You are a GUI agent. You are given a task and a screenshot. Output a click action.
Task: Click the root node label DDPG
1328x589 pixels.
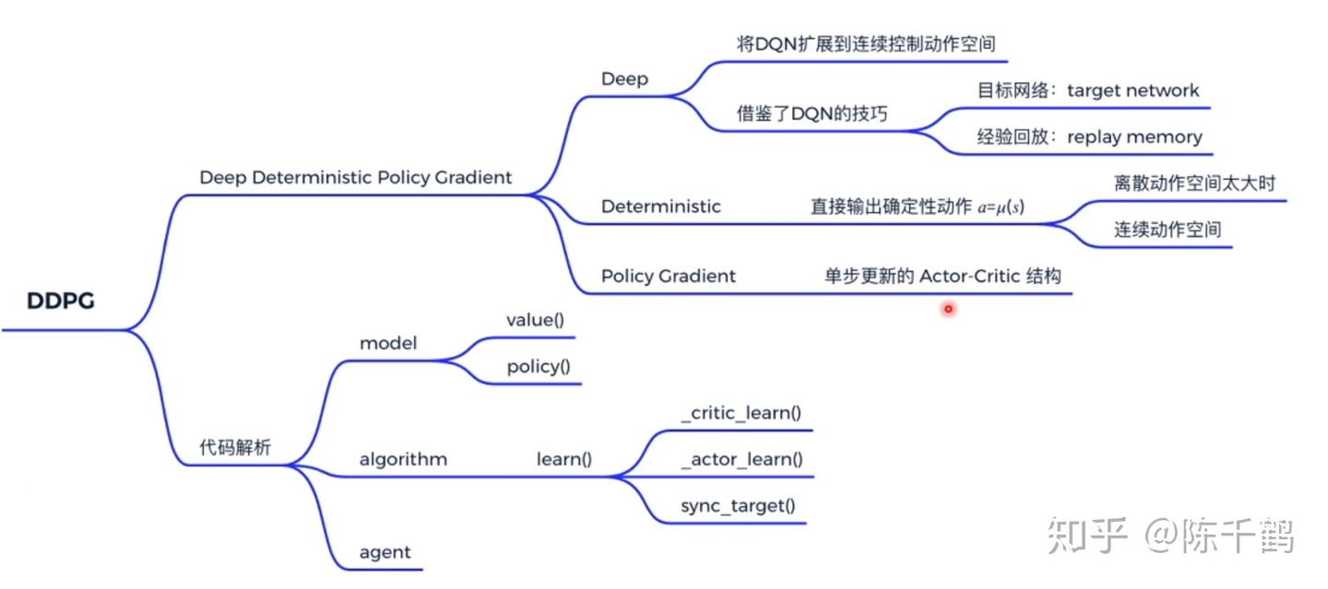coord(61,301)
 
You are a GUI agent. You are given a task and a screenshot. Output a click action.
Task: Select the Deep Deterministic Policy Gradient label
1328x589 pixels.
coord(355,178)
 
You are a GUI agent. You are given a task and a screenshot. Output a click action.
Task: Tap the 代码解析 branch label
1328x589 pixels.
coord(235,449)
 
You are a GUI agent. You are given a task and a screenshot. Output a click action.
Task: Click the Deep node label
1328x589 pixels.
coord(624,79)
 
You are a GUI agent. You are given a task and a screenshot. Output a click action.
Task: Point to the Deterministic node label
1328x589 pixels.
coord(660,206)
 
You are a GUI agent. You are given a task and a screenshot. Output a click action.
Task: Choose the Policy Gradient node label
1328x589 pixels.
coord(668,276)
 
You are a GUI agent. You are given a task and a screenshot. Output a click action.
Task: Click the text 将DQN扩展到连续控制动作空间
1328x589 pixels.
coord(866,43)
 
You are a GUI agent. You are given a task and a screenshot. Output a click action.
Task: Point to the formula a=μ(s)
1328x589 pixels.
coord(1001,207)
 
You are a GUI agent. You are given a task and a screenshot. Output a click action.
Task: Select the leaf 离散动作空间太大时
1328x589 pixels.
coord(1193,183)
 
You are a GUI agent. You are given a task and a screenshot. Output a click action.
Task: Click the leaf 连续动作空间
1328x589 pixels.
coord(1167,230)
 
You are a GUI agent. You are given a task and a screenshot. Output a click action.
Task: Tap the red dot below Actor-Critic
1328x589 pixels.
coord(947,309)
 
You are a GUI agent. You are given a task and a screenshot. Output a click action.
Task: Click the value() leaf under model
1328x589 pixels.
coord(535,320)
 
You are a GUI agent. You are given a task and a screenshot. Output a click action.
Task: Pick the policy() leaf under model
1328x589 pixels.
coord(538,367)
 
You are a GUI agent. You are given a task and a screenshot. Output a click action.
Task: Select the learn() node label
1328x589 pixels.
coord(564,459)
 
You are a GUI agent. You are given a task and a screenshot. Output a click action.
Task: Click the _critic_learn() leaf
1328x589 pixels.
coord(741,413)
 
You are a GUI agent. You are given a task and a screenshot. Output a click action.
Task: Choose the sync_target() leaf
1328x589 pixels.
coord(738,505)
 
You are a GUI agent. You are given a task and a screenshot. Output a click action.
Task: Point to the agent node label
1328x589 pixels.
coord(385,553)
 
